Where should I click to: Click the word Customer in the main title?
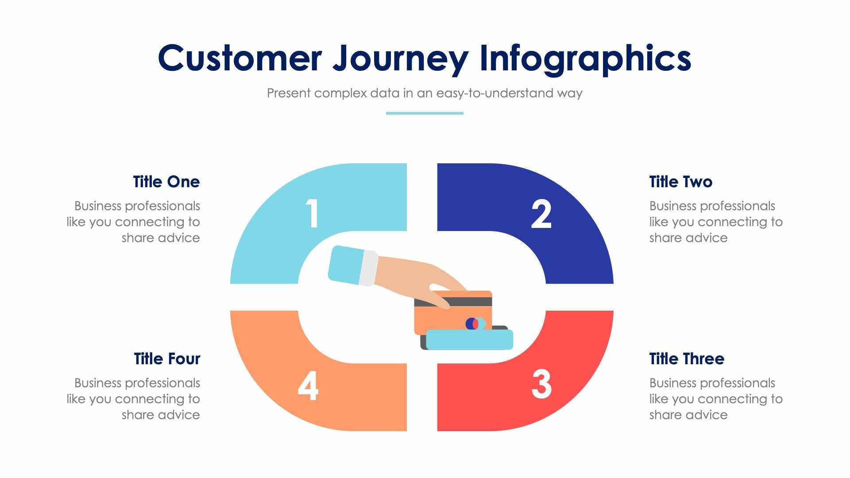click(x=240, y=58)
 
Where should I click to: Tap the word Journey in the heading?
click(x=400, y=58)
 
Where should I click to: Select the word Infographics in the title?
click(x=585, y=58)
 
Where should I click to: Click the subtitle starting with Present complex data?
click(x=424, y=93)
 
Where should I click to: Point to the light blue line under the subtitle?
click(x=424, y=113)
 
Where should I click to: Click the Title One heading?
click(x=166, y=182)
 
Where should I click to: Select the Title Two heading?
click(x=680, y=182)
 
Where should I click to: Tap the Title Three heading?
click(x=686, y=358)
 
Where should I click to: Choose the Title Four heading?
click(x=167, y=358)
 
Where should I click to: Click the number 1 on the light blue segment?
click(x=313, y=213)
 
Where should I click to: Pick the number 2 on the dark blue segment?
click(x=541, y=214)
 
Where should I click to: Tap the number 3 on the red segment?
click(x=541, y=384)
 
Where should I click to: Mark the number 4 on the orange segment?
click(x=308, y=385)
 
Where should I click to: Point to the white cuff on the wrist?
click(x=368, y=269)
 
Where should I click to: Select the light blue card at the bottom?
click(x=469, y=339)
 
